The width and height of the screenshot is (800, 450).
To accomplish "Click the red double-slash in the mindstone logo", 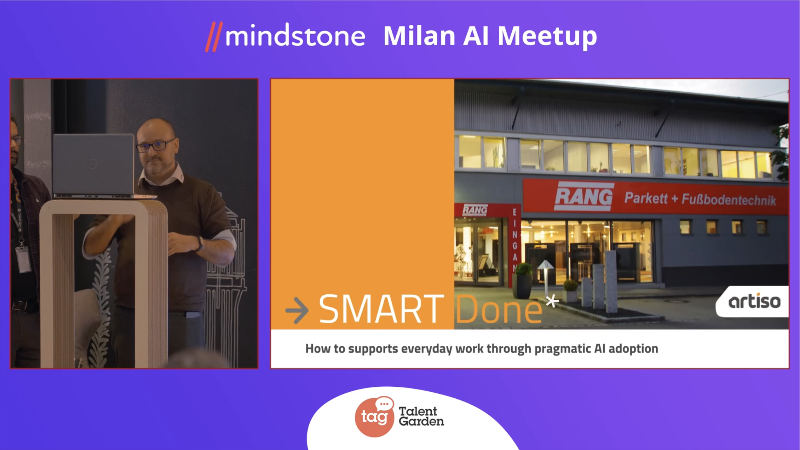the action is point(214,37).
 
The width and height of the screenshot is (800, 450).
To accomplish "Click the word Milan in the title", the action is point(419,36).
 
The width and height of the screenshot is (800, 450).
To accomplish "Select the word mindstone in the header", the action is point(295,36).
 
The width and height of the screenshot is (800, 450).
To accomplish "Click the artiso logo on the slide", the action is point(754,302).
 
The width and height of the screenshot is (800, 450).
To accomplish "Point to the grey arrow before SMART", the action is point(297,310).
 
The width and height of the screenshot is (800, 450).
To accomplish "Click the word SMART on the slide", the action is point(381,309).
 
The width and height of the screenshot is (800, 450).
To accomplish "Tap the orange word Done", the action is point(498,309).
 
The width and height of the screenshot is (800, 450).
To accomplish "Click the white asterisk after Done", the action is point(552,301).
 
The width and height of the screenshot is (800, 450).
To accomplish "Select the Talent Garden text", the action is point(422,416).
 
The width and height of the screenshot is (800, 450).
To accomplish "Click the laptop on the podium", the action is point(94,166).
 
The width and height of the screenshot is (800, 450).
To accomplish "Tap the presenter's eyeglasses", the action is point(155,145).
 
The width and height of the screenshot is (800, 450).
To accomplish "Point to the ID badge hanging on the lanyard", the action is point(23,259).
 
